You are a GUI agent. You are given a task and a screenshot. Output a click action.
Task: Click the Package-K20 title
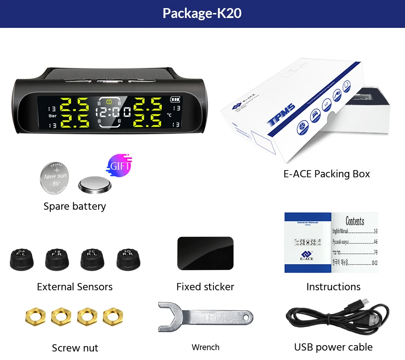click(202, 13)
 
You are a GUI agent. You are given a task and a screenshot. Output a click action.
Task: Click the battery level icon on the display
click(174, 99)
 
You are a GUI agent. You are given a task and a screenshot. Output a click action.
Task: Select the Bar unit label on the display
click(53, 116)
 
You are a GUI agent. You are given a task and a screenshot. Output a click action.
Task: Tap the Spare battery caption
click(75, 207)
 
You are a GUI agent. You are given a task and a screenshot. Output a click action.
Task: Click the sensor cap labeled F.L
click(21, 260)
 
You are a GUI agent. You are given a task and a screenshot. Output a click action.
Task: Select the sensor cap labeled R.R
click(128, 260)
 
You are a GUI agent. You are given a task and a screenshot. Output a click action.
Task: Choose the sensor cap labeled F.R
click(57, 260)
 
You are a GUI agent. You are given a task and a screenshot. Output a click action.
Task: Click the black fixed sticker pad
click(205, 253)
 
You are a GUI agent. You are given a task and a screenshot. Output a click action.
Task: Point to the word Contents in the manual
click(355, 221)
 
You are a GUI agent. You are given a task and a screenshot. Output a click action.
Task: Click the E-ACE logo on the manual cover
click(307, 256)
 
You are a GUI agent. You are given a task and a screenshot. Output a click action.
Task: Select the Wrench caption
click(205, 347)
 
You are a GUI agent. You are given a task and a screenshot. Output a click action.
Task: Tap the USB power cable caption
click(333, 347)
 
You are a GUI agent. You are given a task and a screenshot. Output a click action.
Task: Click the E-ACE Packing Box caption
click(326, 174)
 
